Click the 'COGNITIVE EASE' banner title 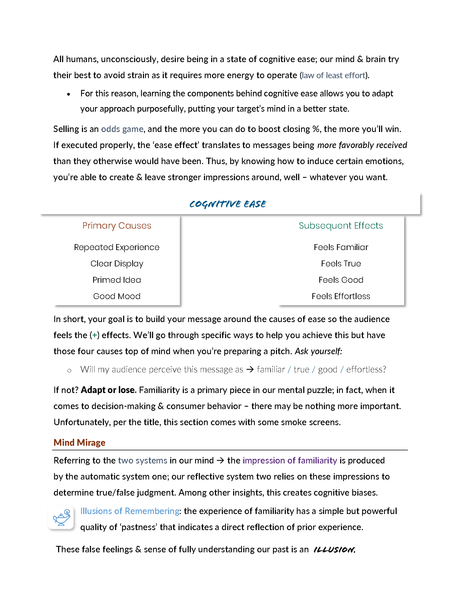[227, 204]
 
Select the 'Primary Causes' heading [117, 225]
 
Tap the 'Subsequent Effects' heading [341, 225]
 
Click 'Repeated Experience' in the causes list [117, 247]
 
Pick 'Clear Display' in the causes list [117, 263]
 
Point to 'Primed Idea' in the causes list [117, 280]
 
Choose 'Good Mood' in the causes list [117, 296]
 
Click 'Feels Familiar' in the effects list [341, 247]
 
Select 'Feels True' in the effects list [341, 263]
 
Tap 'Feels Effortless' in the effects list [341, 296]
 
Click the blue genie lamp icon [62, 518]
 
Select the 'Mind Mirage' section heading [79, 443]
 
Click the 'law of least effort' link [333, 75]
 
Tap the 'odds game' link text [122, 129]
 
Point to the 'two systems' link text [143, 460]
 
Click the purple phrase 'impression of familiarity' [290, 460]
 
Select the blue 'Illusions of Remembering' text [130, 511]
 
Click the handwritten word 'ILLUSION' [334, 550]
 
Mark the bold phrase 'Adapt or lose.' [108, 390]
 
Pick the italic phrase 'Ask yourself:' [318, 351]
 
